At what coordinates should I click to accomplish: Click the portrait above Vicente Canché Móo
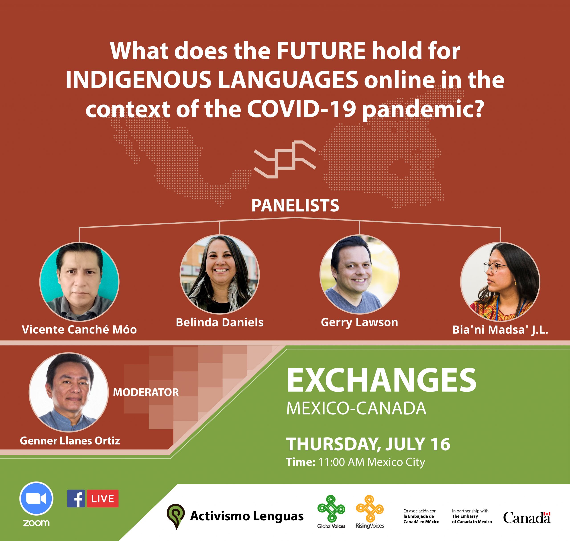(79, 282)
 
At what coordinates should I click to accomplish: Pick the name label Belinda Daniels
(220, 322)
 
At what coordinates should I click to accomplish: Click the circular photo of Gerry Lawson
(359, 275)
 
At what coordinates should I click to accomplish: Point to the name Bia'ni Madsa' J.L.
(500, 330)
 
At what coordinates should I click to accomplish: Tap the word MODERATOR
(146, 392)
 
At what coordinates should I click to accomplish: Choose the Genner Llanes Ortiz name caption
(70, 441)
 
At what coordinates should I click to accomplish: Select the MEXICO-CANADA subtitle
(356, 408)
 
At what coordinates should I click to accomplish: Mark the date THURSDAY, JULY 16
(368, 444)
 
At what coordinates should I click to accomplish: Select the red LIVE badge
(103, 499)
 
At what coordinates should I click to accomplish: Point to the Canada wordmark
(527, 518)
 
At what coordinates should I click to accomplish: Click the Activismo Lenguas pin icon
(175, 516)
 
